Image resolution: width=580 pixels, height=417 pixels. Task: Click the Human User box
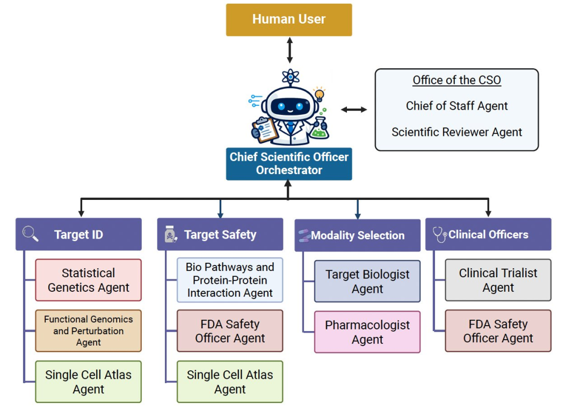289,19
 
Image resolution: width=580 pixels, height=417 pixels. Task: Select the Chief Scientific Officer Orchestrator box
289,164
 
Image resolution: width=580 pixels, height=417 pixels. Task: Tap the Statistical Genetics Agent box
89,280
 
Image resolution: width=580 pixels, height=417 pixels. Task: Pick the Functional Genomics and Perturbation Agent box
89,331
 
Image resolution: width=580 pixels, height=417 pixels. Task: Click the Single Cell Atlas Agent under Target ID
89,382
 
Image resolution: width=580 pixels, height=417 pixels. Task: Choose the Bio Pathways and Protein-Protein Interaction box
230,280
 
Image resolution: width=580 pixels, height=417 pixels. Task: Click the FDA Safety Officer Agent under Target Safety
230,331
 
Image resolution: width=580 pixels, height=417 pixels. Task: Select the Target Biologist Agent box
367,281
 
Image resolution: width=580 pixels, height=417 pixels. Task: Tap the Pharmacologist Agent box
367,332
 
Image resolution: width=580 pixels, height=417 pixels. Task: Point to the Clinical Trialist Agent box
498,280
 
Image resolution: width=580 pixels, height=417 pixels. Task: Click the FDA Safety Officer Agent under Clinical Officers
498,331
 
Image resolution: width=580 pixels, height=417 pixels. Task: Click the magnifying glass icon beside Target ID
30,234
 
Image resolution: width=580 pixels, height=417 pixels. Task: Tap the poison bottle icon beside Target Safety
170,234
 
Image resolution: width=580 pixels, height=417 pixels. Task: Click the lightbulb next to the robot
319,95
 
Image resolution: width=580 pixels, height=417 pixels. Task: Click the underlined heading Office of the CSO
457,80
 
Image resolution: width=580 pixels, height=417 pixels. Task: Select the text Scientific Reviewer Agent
457,132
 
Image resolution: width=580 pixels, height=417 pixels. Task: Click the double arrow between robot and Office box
354,110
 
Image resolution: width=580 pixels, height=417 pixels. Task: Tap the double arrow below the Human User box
289,50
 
